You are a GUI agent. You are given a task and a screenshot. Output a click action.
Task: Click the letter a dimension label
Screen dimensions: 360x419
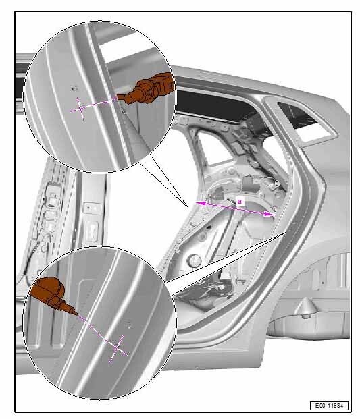tap(239, 201)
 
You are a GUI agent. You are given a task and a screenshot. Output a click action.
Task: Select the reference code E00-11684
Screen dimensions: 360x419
tap(329, 406)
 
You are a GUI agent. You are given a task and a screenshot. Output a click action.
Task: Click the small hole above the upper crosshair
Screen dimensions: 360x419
tap(74, 87)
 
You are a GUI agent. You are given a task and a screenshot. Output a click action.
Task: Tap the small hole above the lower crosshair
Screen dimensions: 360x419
tap(130, 325)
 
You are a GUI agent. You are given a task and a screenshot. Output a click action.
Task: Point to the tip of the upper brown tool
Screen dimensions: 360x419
tap(118, 98)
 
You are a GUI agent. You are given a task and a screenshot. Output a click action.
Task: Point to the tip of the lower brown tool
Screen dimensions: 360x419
tap(78, 315)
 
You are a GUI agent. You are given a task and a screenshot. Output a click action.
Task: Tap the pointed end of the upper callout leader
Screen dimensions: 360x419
tap(188, 206)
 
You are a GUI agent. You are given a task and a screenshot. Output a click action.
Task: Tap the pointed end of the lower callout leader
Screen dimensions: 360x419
tap(286, 233)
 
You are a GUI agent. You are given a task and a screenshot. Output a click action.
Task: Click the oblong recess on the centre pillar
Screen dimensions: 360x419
tap(93, 230)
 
